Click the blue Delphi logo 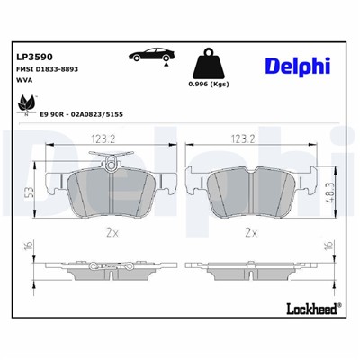point(298,66)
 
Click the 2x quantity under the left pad point(111,232)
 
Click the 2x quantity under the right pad point(250,232)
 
